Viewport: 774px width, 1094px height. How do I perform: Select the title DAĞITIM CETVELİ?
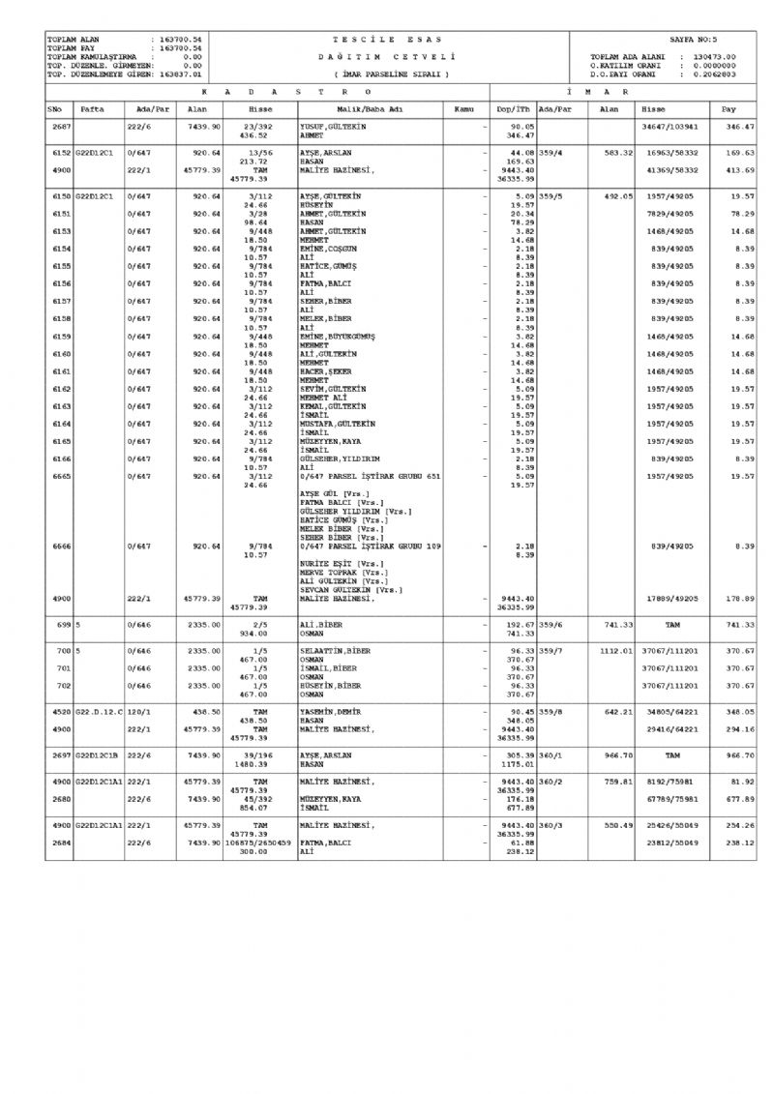(x=387, y=57)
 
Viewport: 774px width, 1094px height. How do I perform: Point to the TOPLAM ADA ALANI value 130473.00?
(x=714, y=57)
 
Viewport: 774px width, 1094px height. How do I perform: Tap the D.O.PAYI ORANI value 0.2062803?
(x=714, y=73)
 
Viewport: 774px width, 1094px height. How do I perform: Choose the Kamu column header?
(x=462, y=109)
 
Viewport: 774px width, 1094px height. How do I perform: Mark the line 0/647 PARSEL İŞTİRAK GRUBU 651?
(x=371, y=476)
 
